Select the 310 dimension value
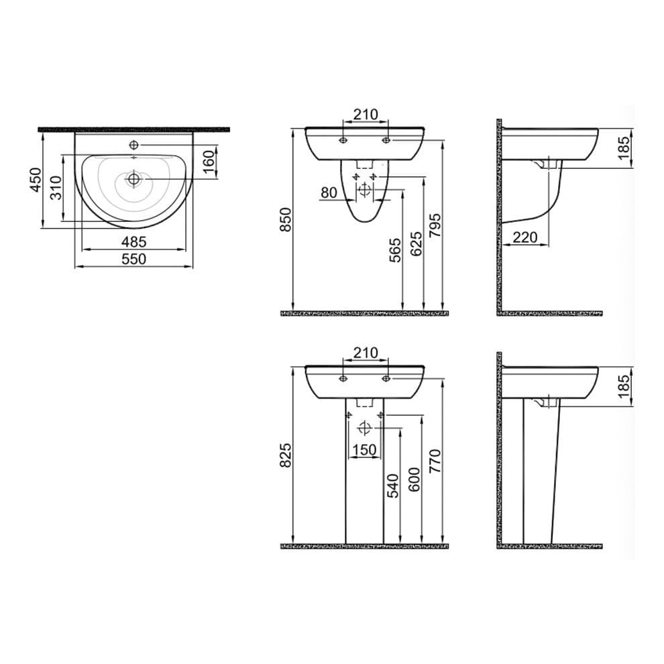click(x=57, y=187)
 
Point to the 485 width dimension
click(x=134, y=241)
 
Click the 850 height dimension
click(x=286, y=220)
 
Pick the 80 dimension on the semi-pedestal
click(x=329, y=192)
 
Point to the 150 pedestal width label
click(x=364, y=449)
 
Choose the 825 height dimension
click(x=286, y=456)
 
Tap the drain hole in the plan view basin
click(x=134, y=178)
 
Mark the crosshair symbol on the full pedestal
click(x=364, y=428)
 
